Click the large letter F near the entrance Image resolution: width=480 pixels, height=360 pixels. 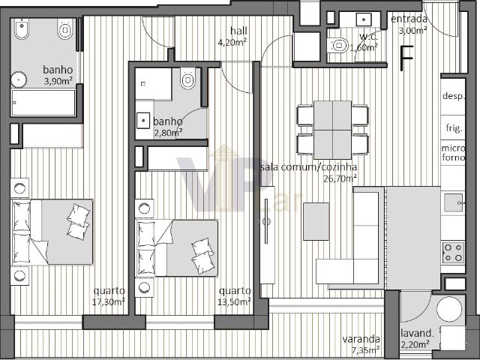tap(407, 58)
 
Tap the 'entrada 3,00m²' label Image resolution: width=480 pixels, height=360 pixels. tap(410, 24)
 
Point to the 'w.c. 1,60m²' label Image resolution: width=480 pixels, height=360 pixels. tap(366, 42)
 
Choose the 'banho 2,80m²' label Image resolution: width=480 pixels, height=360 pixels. tap(168, 127)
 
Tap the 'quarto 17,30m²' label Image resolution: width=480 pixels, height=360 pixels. tap(109, 296)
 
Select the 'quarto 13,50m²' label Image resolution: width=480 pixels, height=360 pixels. tap(235, 296)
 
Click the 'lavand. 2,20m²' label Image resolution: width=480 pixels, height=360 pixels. tap(416, 338)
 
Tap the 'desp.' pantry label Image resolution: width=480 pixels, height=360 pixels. tap(454, 96)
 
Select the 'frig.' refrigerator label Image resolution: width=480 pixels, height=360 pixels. tap(454, 127)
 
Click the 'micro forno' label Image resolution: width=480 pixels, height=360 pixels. tap(453, 153)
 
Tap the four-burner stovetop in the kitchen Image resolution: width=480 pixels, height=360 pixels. tap(454, 251)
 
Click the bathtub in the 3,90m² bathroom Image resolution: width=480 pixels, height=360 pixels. tap(43, 103)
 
